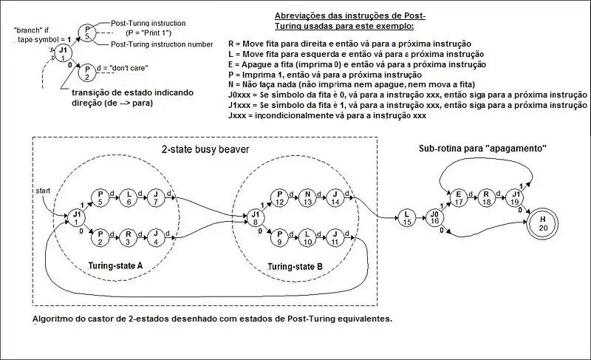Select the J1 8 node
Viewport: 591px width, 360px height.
click(x=256, y=216)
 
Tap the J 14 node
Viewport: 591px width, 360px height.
click(x=334, y=198)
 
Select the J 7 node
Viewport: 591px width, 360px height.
click(x=156, y=197)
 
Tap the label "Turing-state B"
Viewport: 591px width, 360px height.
click(x=294, y=265)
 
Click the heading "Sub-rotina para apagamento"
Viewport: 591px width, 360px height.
click(x=482, y=149)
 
